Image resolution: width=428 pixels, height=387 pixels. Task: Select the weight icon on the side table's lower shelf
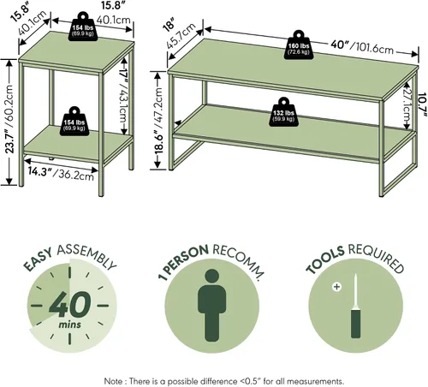point(74,122)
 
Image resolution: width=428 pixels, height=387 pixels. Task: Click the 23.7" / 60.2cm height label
point(9,119)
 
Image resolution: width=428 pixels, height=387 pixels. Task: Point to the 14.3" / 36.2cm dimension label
point(61,173)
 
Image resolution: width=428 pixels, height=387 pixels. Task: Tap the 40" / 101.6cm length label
point(362,47)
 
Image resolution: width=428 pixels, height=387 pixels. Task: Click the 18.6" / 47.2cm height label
point(158,121)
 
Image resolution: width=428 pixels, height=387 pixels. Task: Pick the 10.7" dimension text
point(423,105)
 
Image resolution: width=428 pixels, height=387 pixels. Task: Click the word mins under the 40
point(70,324)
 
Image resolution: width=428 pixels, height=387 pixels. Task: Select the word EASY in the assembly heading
point(38,260)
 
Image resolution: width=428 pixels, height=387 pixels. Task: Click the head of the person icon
point(211,277)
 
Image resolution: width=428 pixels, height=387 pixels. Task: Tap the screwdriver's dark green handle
point(355,322)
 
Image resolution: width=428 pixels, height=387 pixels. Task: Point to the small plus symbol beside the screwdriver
point(337,287)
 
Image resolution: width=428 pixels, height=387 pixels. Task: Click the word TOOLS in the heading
point(325,259)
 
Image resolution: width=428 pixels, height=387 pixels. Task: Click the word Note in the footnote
point(114,381)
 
